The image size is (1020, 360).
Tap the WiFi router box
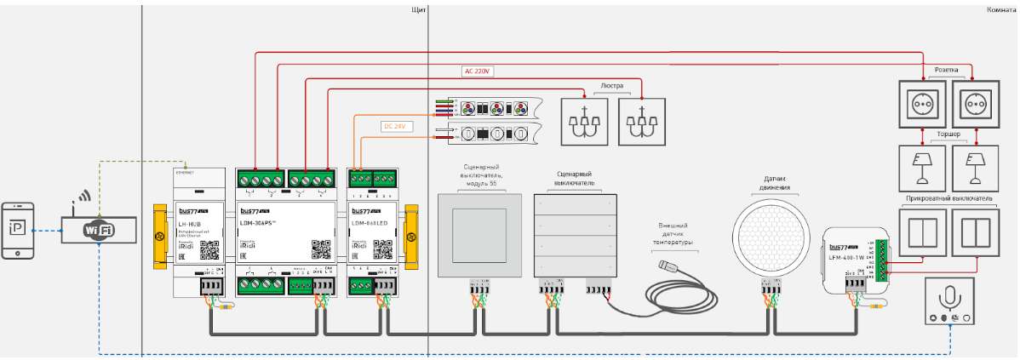tap(100, 229)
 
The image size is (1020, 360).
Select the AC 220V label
tap(478, 71)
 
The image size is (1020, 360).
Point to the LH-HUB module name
tap(189, 223)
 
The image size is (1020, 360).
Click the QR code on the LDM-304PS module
tap(320, 249)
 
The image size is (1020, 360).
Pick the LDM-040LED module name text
tap(370, 223)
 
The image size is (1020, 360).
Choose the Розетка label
tap(947, 70)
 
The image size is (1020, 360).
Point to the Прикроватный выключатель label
tap(947, 198)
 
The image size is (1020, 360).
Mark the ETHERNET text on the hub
tap(184, 172)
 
